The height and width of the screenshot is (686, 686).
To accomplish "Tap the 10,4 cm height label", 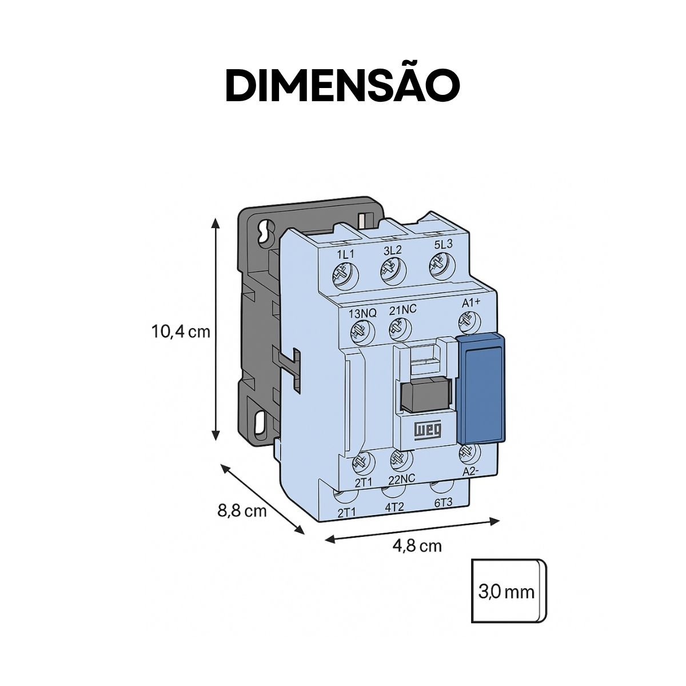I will (181, 331).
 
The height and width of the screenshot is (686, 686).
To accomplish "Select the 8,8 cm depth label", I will (242, 510).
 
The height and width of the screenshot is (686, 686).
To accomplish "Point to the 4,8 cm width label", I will (417, 545).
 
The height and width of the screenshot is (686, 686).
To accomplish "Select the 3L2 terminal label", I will (392, 250).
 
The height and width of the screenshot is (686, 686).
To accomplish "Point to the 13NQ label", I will (362, 313).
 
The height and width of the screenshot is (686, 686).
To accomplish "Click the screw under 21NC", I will (400, 328).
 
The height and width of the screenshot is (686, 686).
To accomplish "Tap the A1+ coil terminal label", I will (471, 304).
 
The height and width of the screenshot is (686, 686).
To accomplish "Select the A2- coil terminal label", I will (470, 471).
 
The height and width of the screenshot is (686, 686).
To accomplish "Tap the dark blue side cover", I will (482, 389).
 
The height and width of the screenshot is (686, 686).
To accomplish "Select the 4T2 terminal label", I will (394, 506).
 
